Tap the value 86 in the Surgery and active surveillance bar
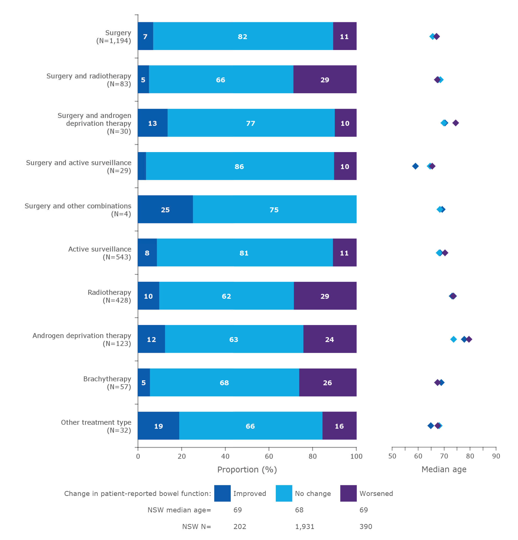(239, 166)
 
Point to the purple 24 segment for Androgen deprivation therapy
(329, 339)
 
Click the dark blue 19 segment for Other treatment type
(158, 426)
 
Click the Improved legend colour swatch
(222, 493)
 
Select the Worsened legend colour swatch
(348, 493)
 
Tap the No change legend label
(313, 493)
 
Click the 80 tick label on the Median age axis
(470, 456)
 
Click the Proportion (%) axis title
(247, 469)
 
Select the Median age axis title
(444, 469)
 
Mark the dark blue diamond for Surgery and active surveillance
(415, 166)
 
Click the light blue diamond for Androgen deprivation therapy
(453, 339)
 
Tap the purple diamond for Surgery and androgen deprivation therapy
(455, 123)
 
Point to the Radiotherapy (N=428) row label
(109, 296)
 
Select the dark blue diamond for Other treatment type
(430, 426)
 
